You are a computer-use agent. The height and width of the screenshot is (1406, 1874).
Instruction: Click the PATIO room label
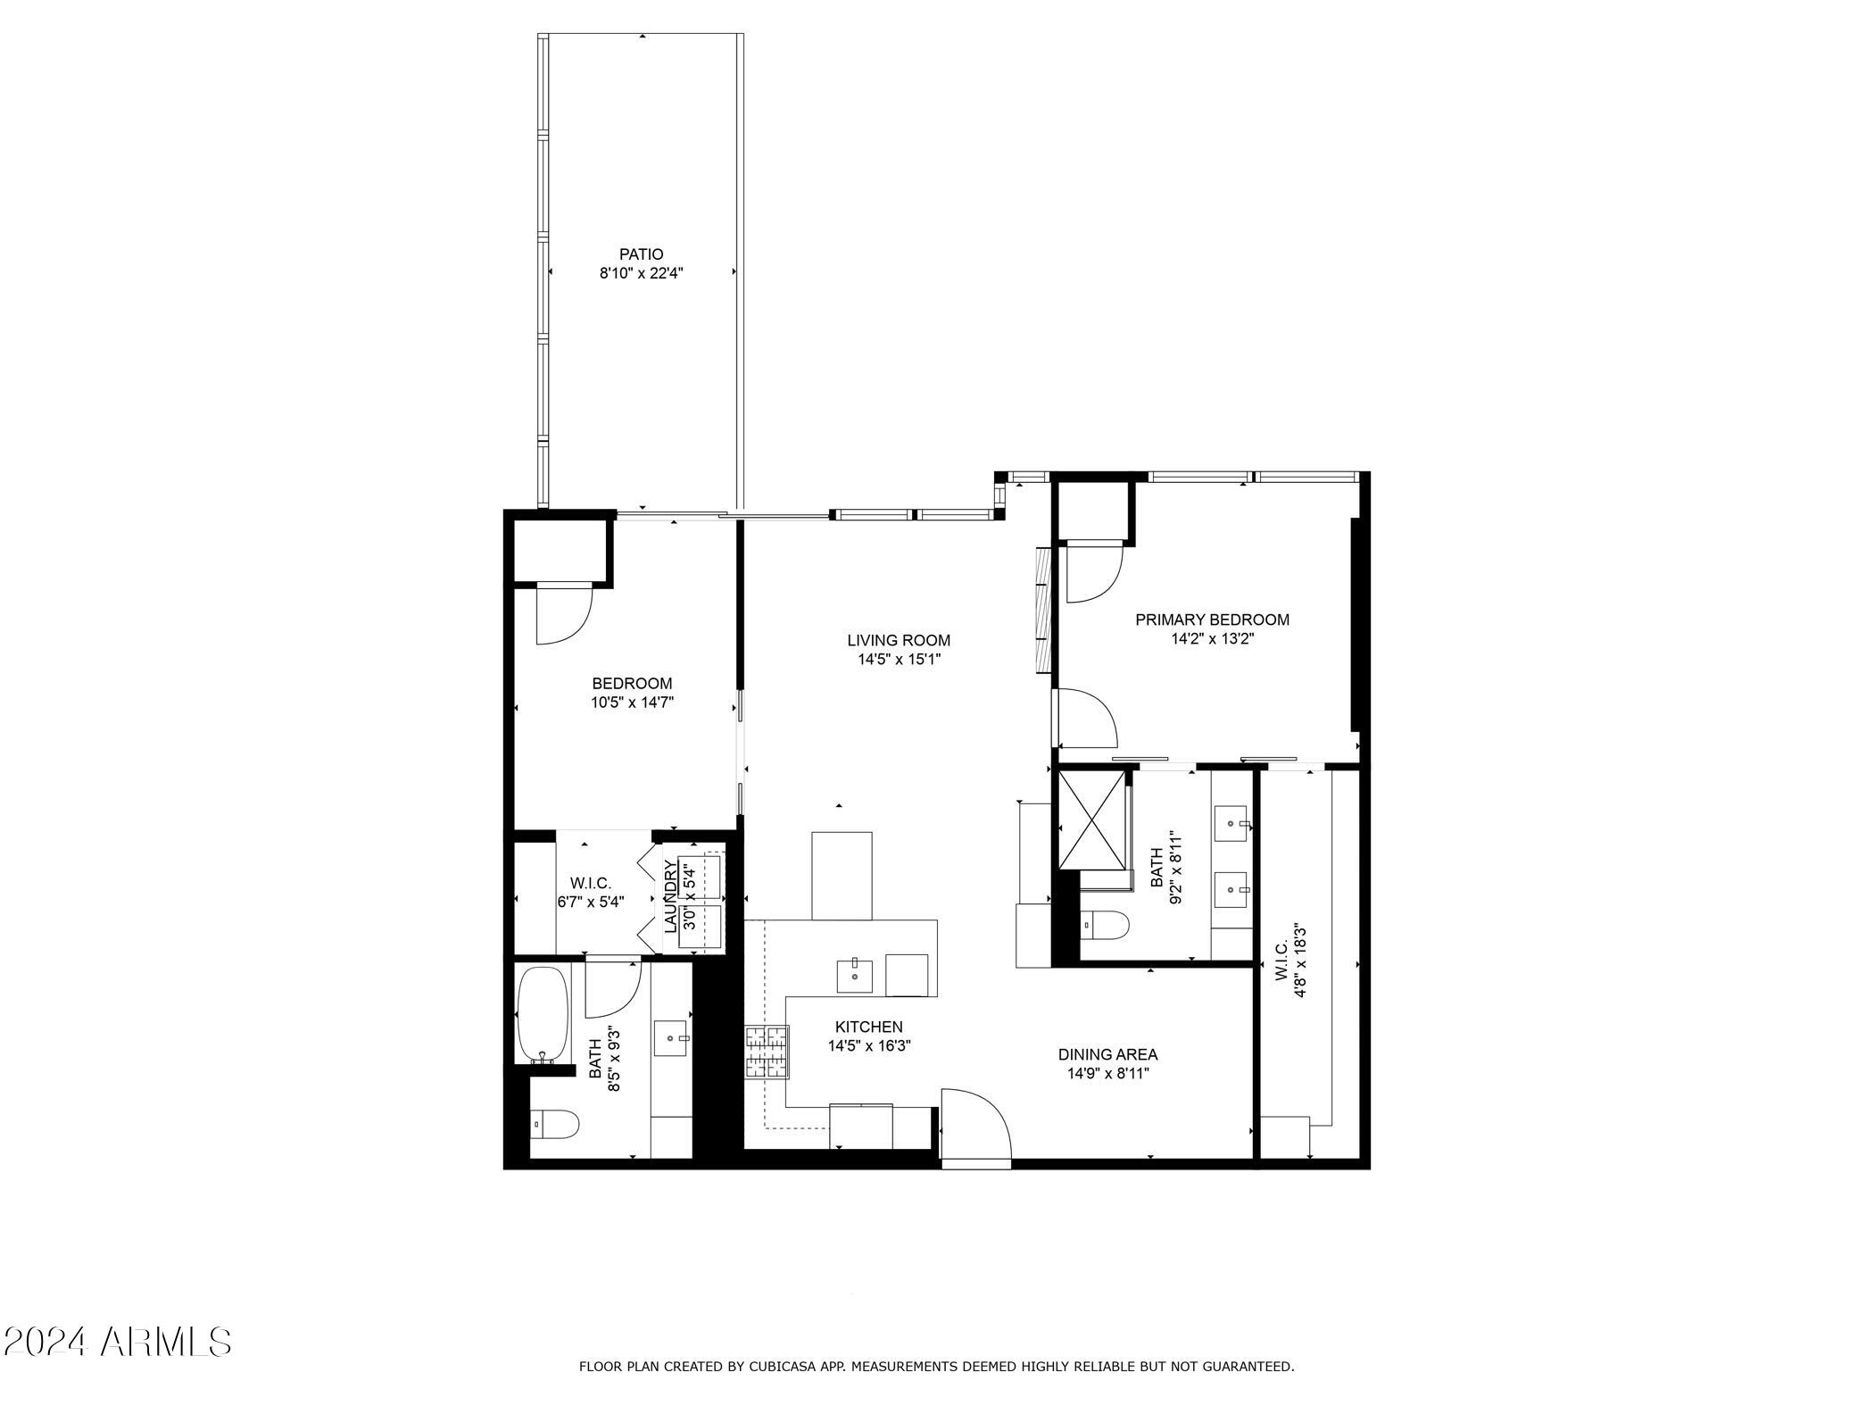(642, 254)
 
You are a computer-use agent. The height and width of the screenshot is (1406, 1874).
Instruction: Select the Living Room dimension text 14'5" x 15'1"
(899, 660)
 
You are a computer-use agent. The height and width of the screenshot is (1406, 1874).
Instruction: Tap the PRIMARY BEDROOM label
(1212, 620)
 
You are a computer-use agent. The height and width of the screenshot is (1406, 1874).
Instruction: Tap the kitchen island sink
(855, 975)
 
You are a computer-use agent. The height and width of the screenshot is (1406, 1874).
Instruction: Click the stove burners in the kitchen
(768, 1052)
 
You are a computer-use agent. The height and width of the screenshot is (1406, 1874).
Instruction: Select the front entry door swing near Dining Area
(975, 1127)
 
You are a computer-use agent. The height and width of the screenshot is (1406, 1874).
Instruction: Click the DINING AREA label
(1107, 1054)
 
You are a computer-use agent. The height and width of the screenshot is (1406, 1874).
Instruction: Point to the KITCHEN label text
(868, 1027)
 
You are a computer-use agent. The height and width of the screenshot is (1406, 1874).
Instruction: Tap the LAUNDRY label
(670, 895)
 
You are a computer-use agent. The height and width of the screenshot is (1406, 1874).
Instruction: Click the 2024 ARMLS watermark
(118, 1342)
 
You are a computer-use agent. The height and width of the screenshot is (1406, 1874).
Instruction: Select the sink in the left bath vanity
(671, 1038)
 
